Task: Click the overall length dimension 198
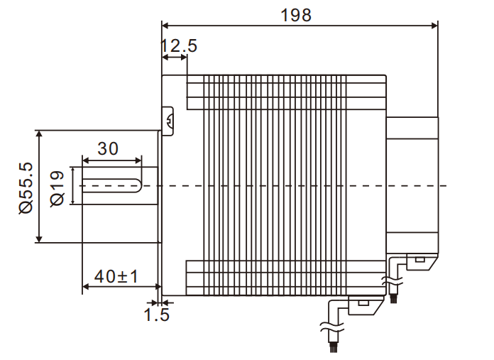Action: pyautogui.click(x=296, y=15)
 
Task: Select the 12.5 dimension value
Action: pyautogui.click(x=178, y=47)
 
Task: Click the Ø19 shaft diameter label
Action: pyautogui.click(x=59, y=187)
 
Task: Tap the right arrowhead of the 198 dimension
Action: pyautogui.click(x=434, y=26)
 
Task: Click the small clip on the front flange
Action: pyautogui.click(x=168, y=121)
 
